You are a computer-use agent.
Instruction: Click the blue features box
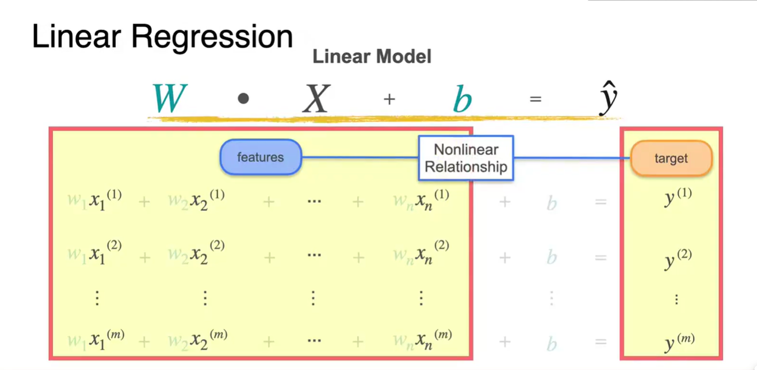click(x=261, y=157)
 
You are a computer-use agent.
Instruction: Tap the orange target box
click(x=671, y=158)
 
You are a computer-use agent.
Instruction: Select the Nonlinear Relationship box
click(x=466, y=158)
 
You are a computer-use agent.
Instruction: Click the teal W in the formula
click(x=169, y=99)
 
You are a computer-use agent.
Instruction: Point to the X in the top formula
click(x=316, y=99)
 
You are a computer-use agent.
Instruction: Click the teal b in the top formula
click(x=462, y=100)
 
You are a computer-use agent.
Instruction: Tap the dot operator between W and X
click(x=243, y=99)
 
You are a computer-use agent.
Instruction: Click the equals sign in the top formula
click(x=535, y=99)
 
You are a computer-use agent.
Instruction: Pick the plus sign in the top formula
click(x=389, y=99)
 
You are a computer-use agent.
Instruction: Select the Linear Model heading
click(x=371, y=56)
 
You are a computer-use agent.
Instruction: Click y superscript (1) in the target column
click(x=677, y=197)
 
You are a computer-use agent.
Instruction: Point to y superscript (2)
click(x=677, y=259)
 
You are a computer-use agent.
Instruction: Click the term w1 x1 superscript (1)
click(x=94, y=201)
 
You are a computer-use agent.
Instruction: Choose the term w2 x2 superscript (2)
click(x=196, y=255)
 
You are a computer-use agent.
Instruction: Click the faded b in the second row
click(x=551, y=257)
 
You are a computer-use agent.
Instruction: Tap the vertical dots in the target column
click(x=676, y=300)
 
